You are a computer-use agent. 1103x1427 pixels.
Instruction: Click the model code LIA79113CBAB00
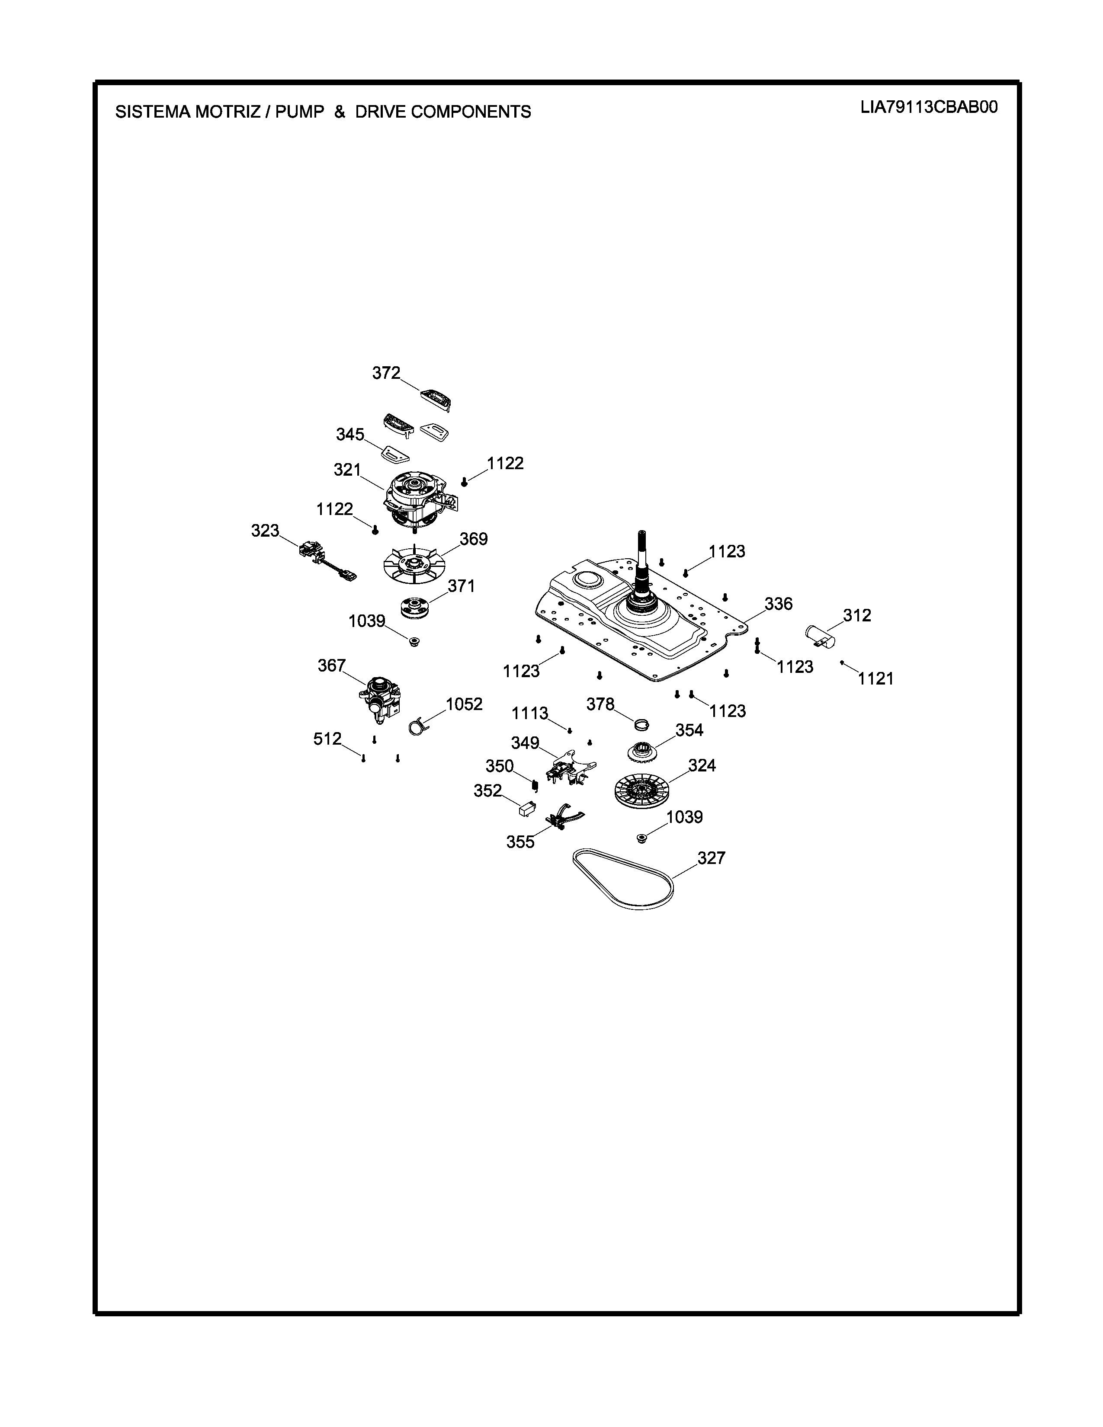coord(929,108)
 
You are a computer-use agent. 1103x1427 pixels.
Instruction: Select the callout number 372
coord(385,373)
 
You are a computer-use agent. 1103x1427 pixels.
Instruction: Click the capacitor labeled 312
coord(820,636)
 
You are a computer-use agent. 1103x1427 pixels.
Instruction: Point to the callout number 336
coord(778,604)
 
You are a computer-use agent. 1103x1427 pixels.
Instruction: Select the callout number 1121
coord(875,679)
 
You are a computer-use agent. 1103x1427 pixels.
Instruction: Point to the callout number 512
coord(327,739)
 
